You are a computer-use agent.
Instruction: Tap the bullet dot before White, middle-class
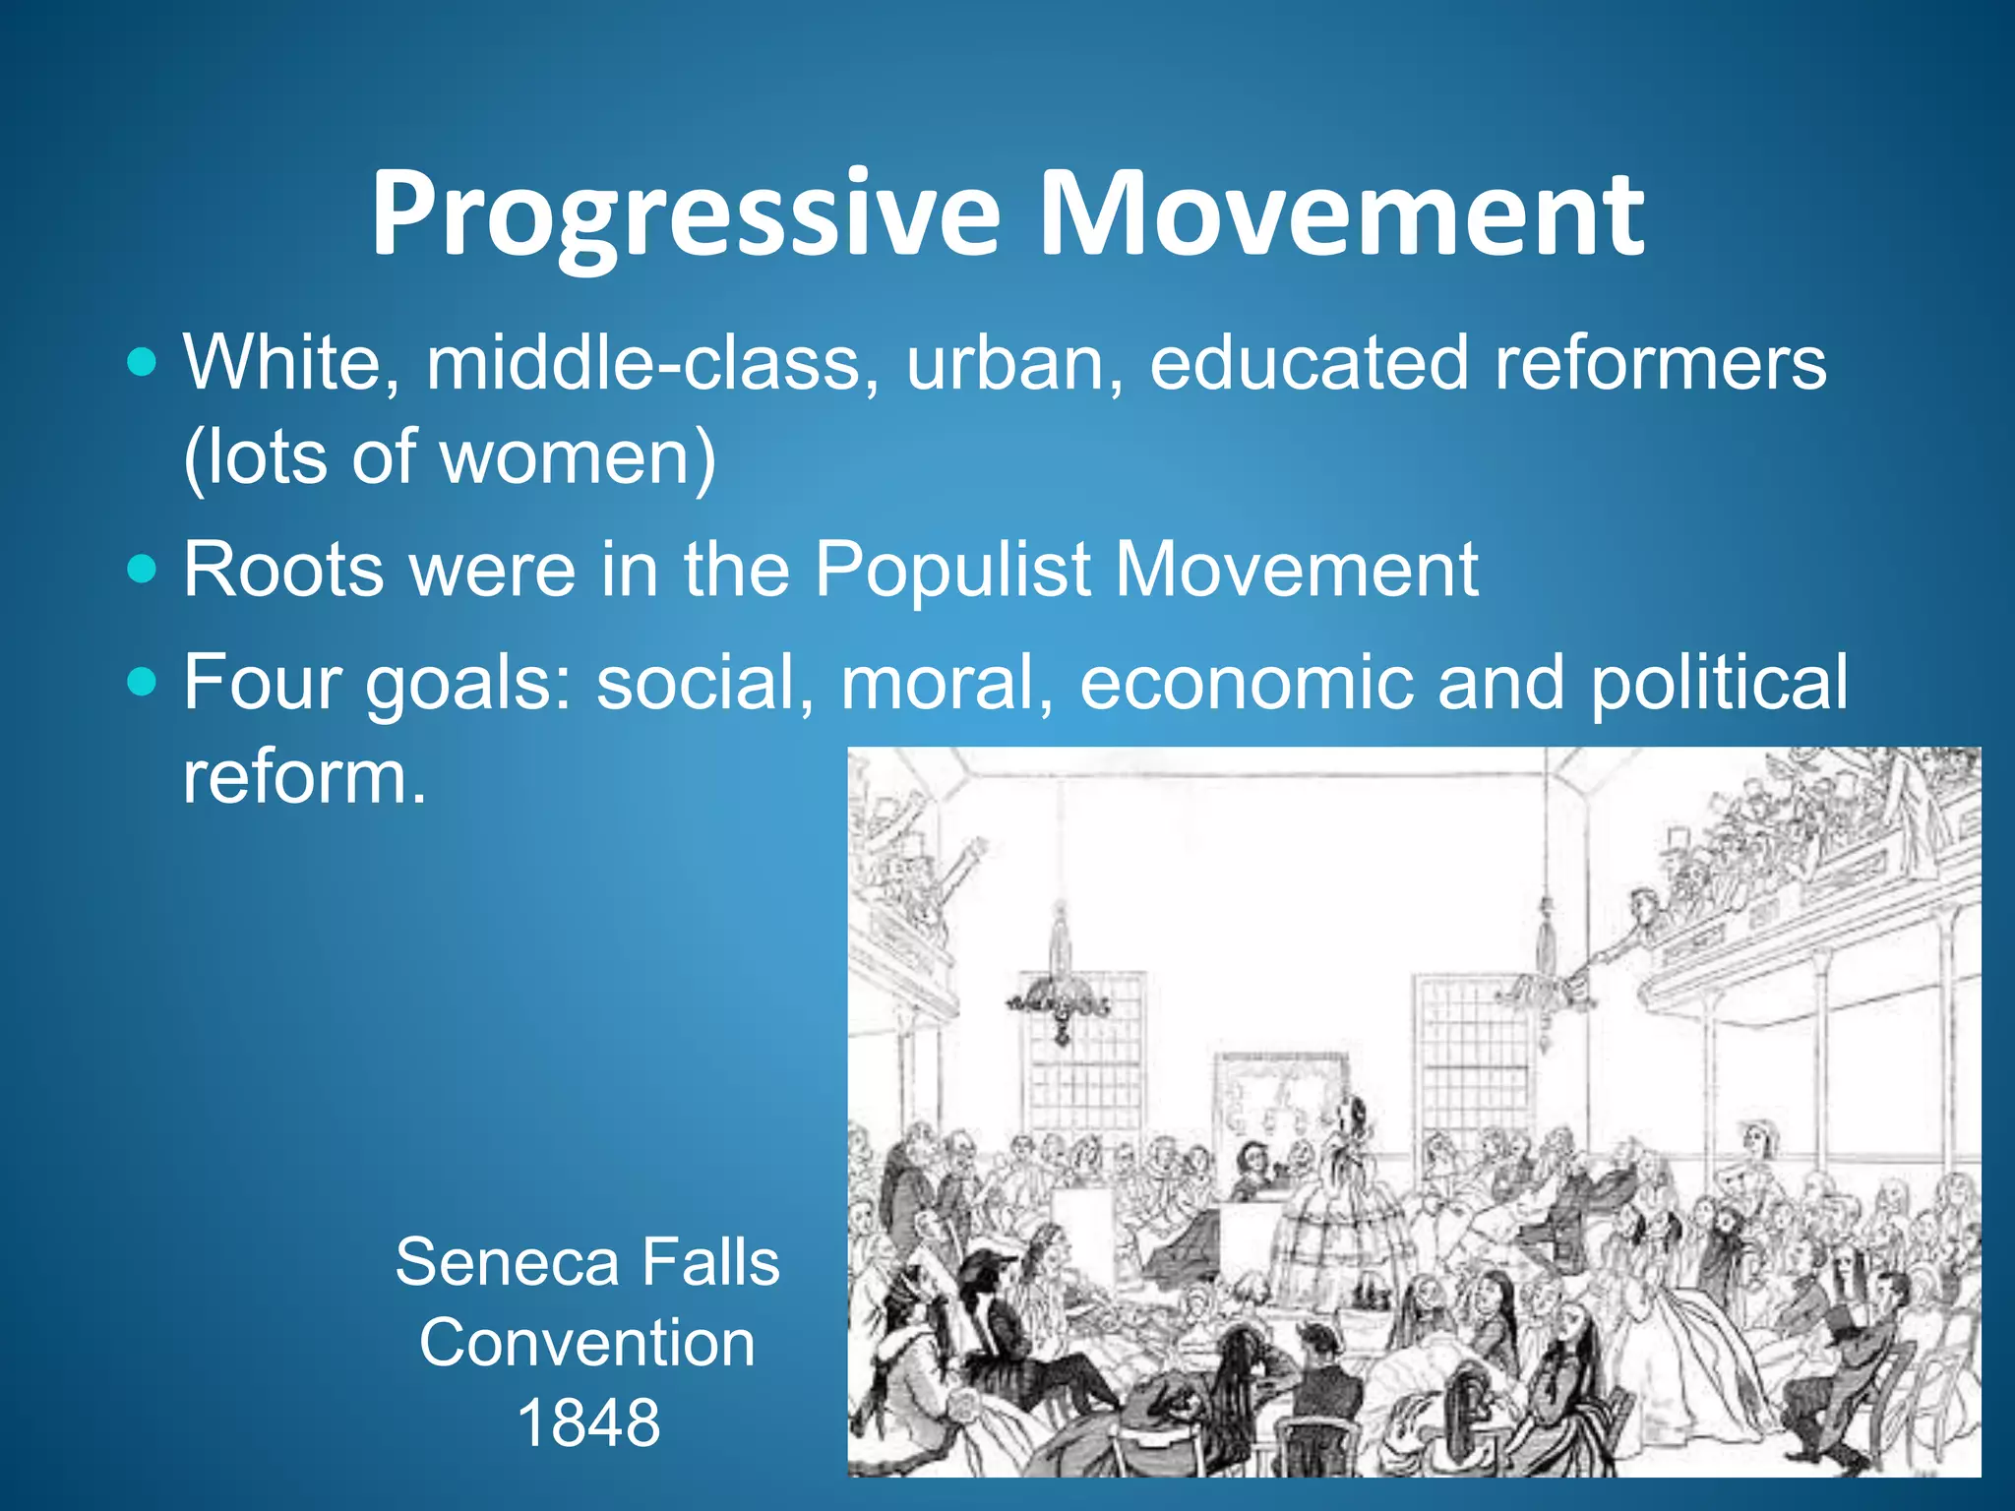click(143, 363)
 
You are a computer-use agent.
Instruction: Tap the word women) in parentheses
click(579, 456)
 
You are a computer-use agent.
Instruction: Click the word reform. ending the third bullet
click(305, 777)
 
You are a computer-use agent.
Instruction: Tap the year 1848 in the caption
click(587, 1422)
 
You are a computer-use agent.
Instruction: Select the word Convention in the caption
click(587, 1343)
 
